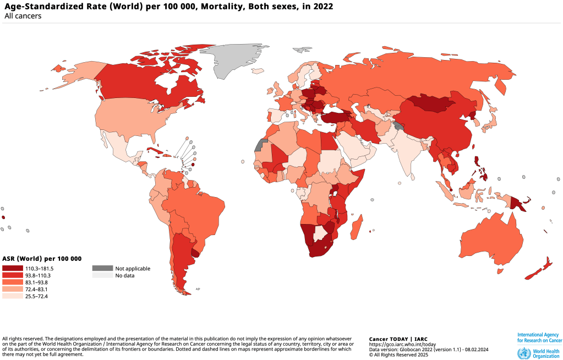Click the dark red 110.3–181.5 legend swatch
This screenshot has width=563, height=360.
pyautogui.click(x=13, y=268)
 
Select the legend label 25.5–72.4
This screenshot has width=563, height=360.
pyautogui.click(x=37, y=297)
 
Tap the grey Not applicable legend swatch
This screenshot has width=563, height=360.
pyautogui.click(x=102, y=268)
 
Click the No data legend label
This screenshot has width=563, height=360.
pyautogui.click(x=124, y=275)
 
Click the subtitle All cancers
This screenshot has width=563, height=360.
pyautogui.click(x=23, y=17)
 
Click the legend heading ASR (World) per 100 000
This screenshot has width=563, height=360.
pyautogui.click(x=42, y=259)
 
